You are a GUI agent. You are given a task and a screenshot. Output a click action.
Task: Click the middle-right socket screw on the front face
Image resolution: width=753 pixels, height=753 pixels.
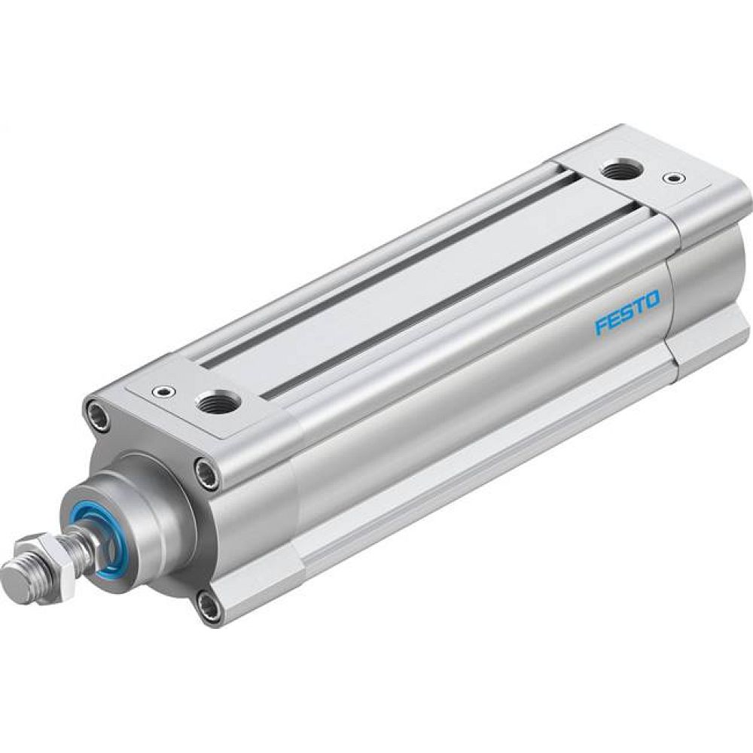pyautogui.click(x=203, y=473)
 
